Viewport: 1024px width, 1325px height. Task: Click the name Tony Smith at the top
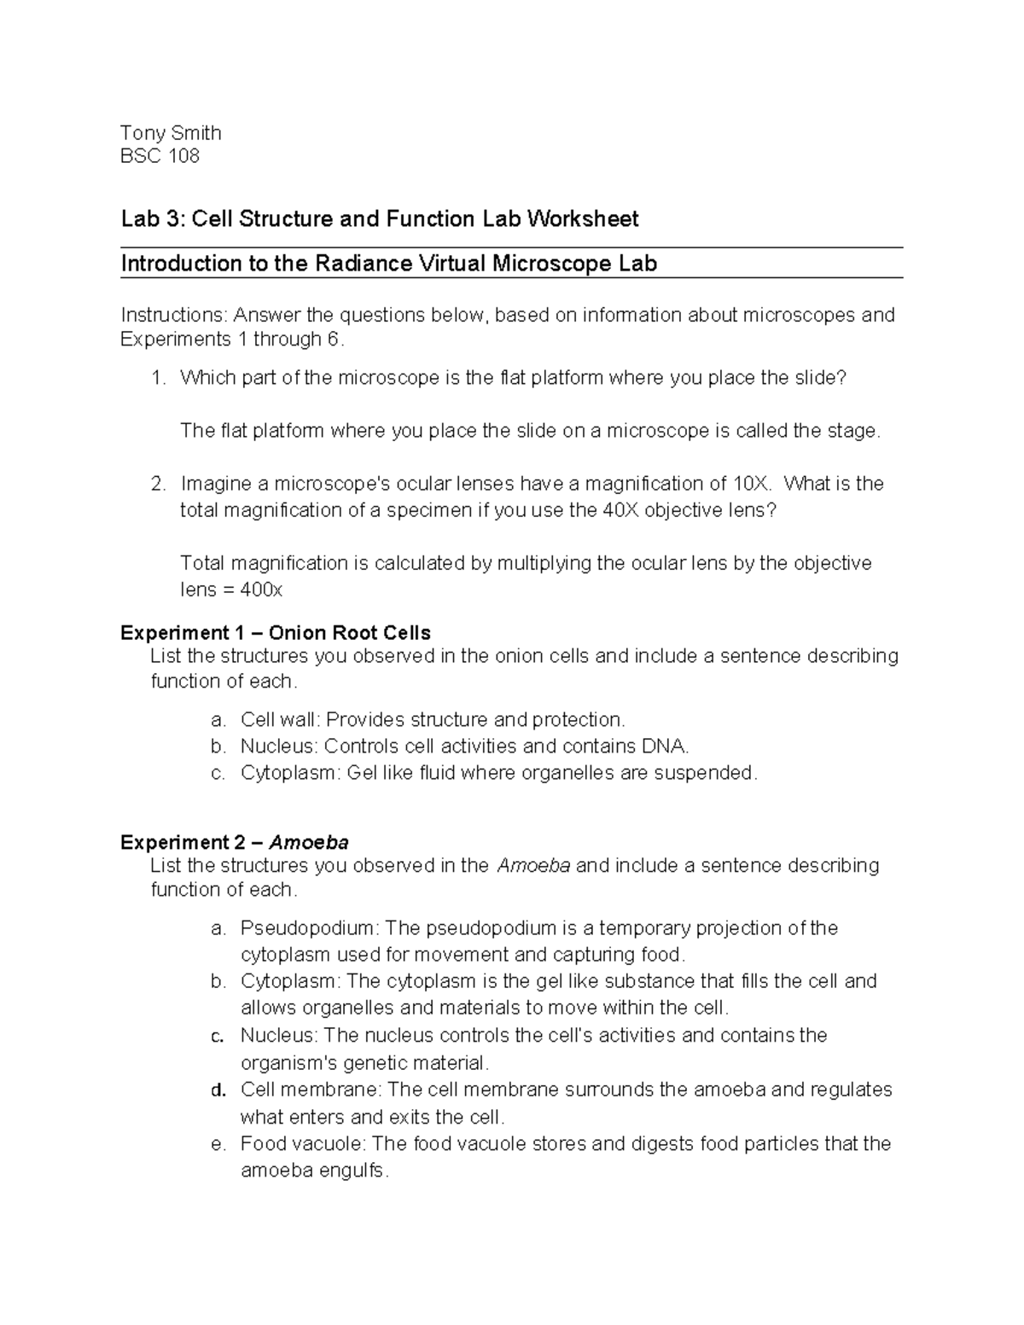171,133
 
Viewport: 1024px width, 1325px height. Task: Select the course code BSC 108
160,156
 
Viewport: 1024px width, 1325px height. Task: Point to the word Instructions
175,316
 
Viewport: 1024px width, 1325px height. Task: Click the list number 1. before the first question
158,378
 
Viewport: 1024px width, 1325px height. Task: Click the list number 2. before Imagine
158,484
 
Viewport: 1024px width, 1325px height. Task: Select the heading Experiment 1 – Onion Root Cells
276,633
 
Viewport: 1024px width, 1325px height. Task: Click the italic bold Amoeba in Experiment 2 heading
309,843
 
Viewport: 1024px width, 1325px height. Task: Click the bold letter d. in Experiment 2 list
218,1090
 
